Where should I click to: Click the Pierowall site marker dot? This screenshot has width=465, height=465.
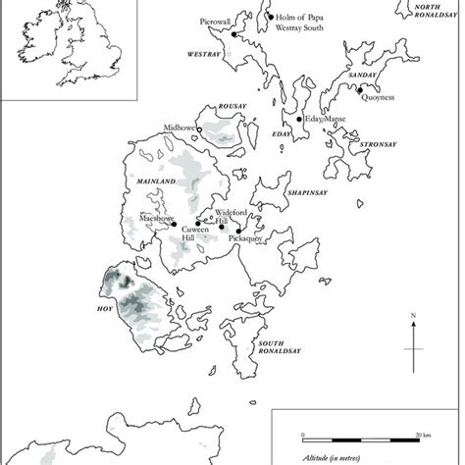pos(235,35)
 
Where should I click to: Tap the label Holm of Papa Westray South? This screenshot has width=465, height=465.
pos(299,23)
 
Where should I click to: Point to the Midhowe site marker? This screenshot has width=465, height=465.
pos(199,130)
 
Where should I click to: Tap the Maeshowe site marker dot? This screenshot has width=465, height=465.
pos(174,224)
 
